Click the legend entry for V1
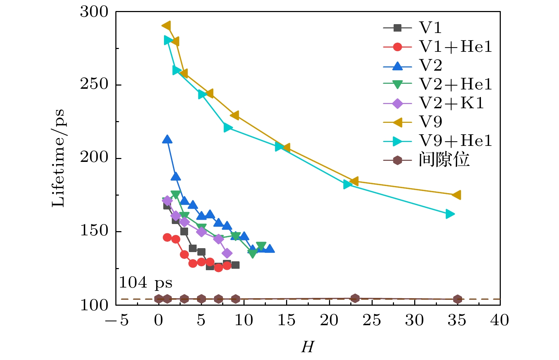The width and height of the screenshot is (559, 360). point(430,28)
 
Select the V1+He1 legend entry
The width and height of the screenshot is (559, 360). point(455,47)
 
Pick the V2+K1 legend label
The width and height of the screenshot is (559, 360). point(451,103)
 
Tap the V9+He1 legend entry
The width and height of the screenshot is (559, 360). point(455,141)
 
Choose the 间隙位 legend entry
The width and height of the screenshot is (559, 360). point(444,160)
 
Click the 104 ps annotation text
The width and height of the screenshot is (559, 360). point(146,283)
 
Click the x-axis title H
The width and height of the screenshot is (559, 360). point(307,347)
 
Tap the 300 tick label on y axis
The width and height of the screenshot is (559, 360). point(94,12)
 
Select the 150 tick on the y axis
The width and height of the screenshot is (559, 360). point(94,231)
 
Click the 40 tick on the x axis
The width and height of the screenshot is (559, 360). point(500,320)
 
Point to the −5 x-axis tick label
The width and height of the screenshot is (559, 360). point(117,320)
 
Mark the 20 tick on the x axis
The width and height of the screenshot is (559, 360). point(329,320)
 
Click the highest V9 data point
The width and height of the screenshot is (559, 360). point(166,26)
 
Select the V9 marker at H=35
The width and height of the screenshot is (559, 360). point(457,195)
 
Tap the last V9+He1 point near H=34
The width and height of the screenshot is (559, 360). point(450,214)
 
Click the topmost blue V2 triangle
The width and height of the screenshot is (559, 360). point(167,140)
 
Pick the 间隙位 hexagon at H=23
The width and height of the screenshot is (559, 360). point(355,298)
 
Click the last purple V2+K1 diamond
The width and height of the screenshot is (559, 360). point(227,253)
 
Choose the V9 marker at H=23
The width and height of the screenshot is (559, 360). point(354,181)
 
